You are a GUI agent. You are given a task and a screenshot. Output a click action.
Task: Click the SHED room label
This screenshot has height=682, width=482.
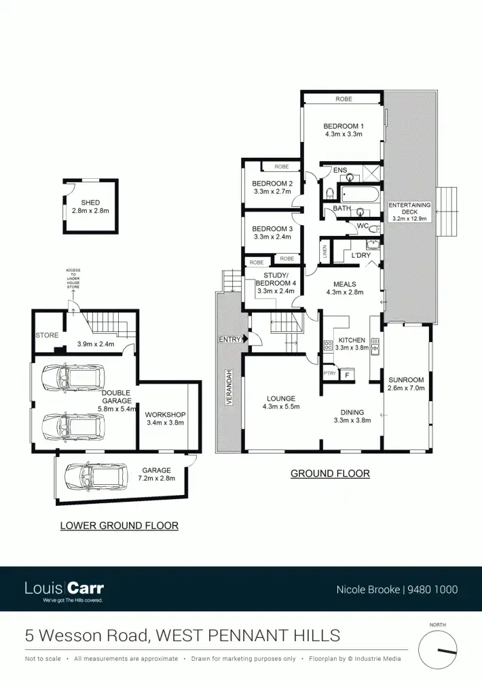pyautogui.click(x=90, y=203)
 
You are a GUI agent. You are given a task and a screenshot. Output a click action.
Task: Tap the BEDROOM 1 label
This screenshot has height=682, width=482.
pyautogui.click(x=343, y=126)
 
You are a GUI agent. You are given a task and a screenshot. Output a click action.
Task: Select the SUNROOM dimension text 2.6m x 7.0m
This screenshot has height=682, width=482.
pyautogui.click(x=406, y=390)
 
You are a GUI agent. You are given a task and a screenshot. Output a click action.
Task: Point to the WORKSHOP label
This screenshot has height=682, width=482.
pyautogui.click(x=165, y=414)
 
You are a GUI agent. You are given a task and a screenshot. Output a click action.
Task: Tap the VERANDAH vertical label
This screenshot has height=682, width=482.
pyautogui.click(x=229, y=388)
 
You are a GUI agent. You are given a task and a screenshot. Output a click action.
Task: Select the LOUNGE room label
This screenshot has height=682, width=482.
pyautogui.click(x=280, y=398)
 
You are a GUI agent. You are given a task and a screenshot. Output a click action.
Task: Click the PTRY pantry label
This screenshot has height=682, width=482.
pyautogui.click(x=330, y=373)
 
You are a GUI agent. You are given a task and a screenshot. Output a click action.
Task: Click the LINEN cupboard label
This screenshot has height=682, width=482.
pyautogui.click(x=325, y=252)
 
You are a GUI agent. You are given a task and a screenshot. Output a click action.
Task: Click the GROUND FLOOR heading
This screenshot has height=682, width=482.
pyautogui.click(x=330, y=473)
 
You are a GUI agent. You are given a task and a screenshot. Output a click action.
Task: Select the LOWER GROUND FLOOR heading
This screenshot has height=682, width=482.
pyautogui.click(x=119, y=525)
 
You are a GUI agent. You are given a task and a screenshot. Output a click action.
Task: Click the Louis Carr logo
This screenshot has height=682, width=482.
pyautogui.click(x=64, y=589)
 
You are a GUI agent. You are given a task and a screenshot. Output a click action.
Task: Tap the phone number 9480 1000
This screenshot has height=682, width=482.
pyautogui.click(x=432, y=590)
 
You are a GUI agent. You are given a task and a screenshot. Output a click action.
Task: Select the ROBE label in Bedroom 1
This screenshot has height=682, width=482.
pyautogui.click(x=344, y=99)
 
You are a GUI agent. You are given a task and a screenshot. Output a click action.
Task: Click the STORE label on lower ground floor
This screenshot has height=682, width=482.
pyautogui.click(x=47, y=335)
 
